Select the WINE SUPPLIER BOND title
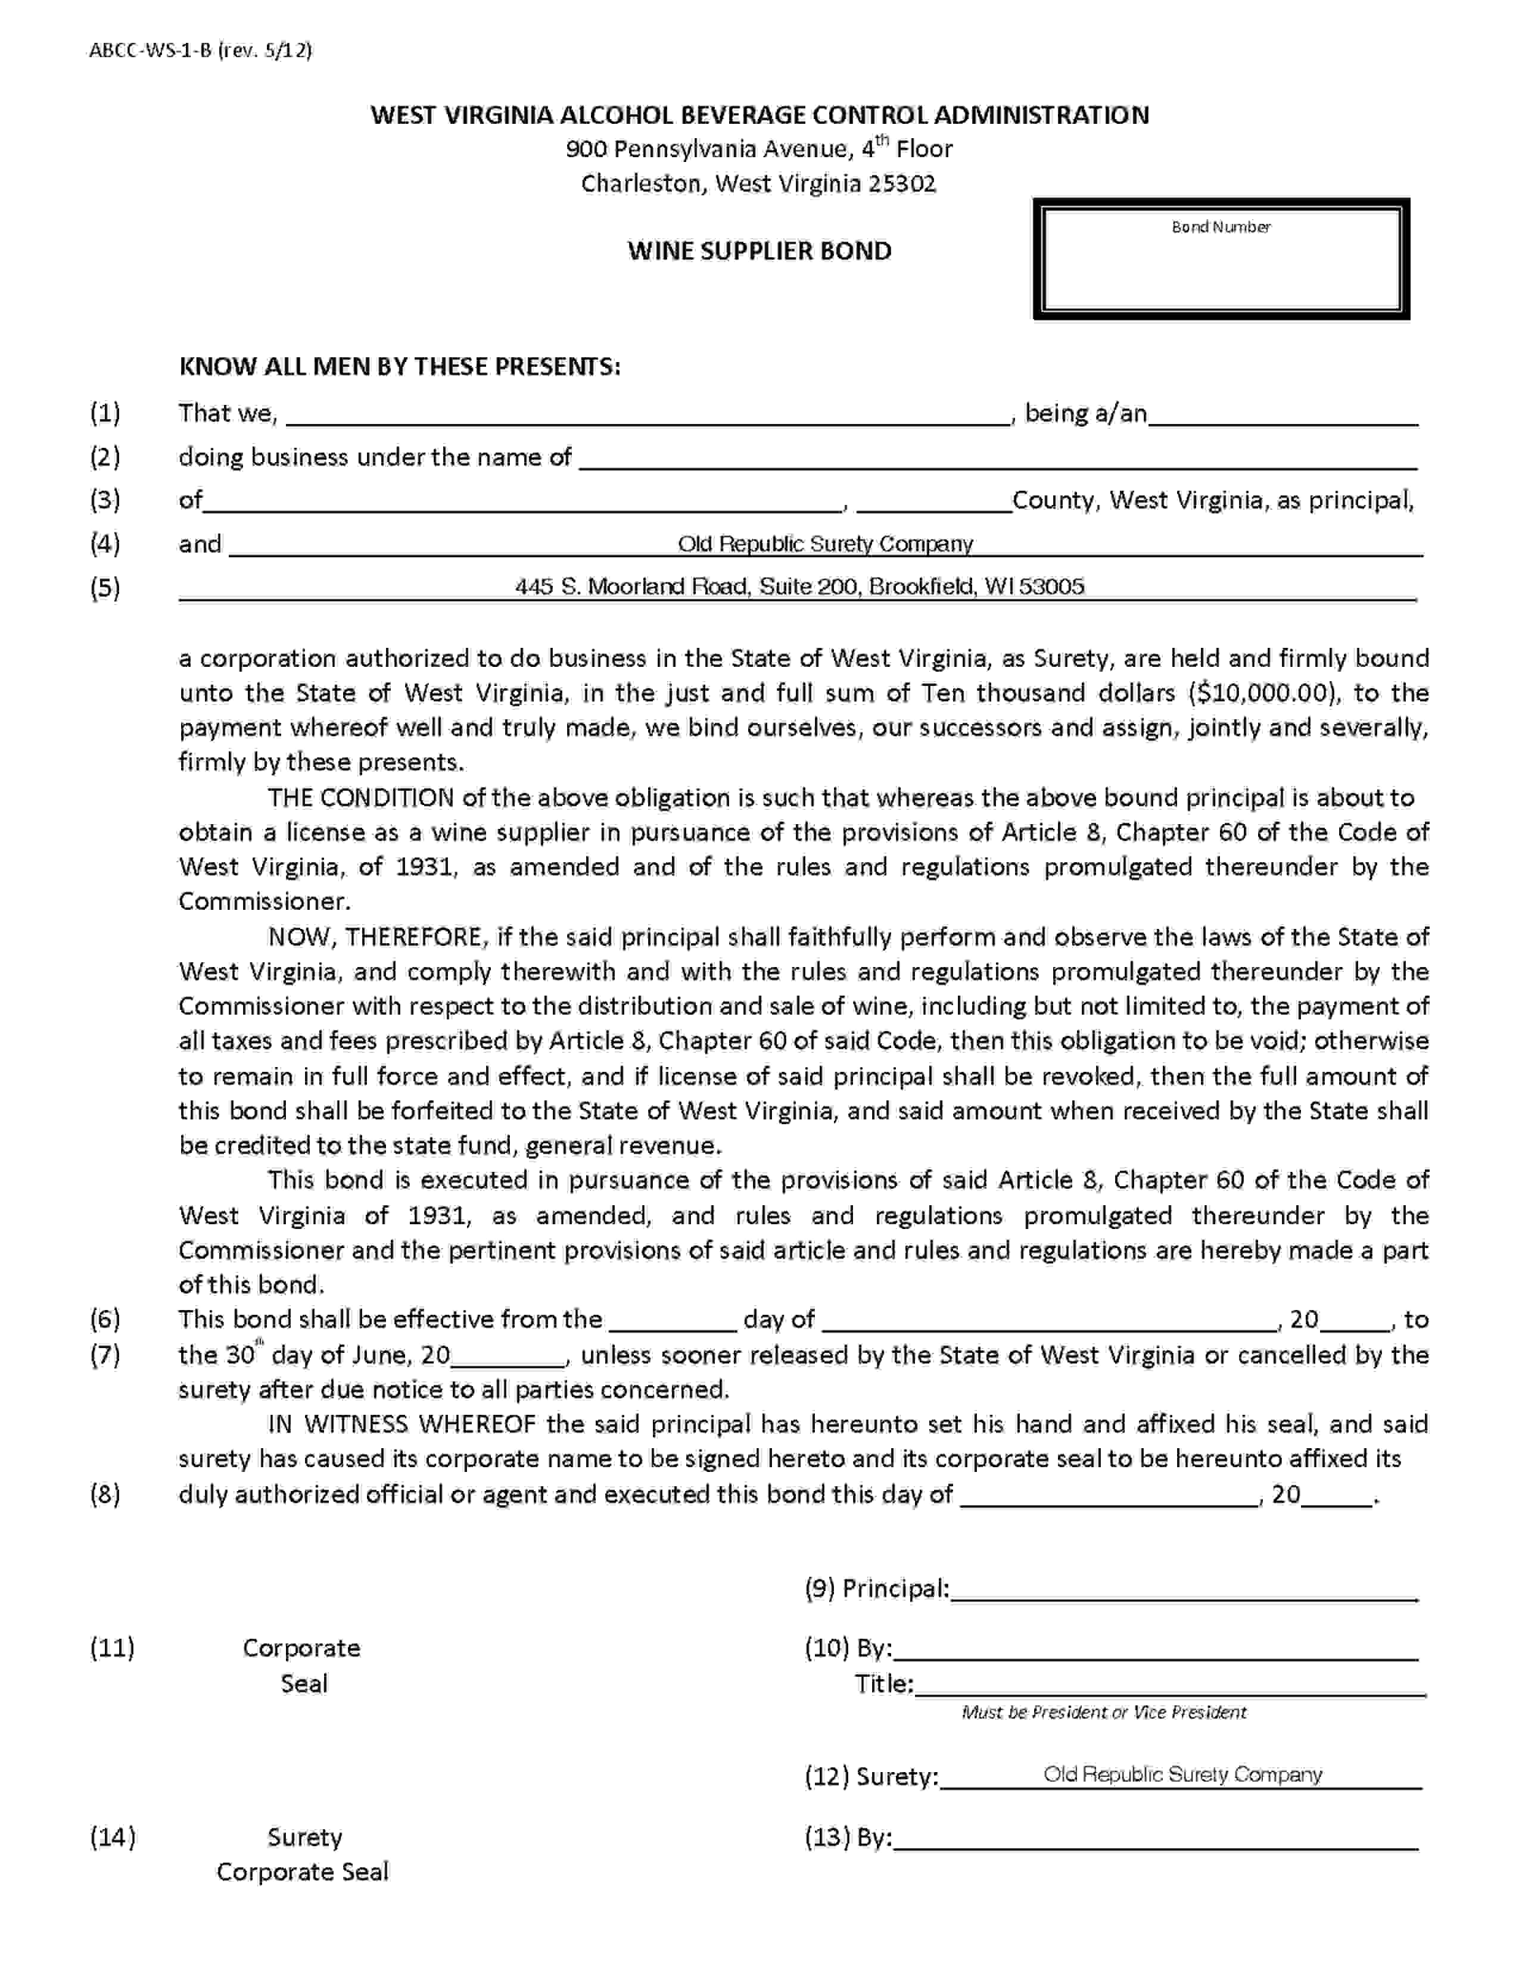pos(759,251)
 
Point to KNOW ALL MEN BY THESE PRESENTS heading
pos(400,367)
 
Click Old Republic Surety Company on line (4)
pos(825,544)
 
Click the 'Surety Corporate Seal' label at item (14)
pos(303,1855)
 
